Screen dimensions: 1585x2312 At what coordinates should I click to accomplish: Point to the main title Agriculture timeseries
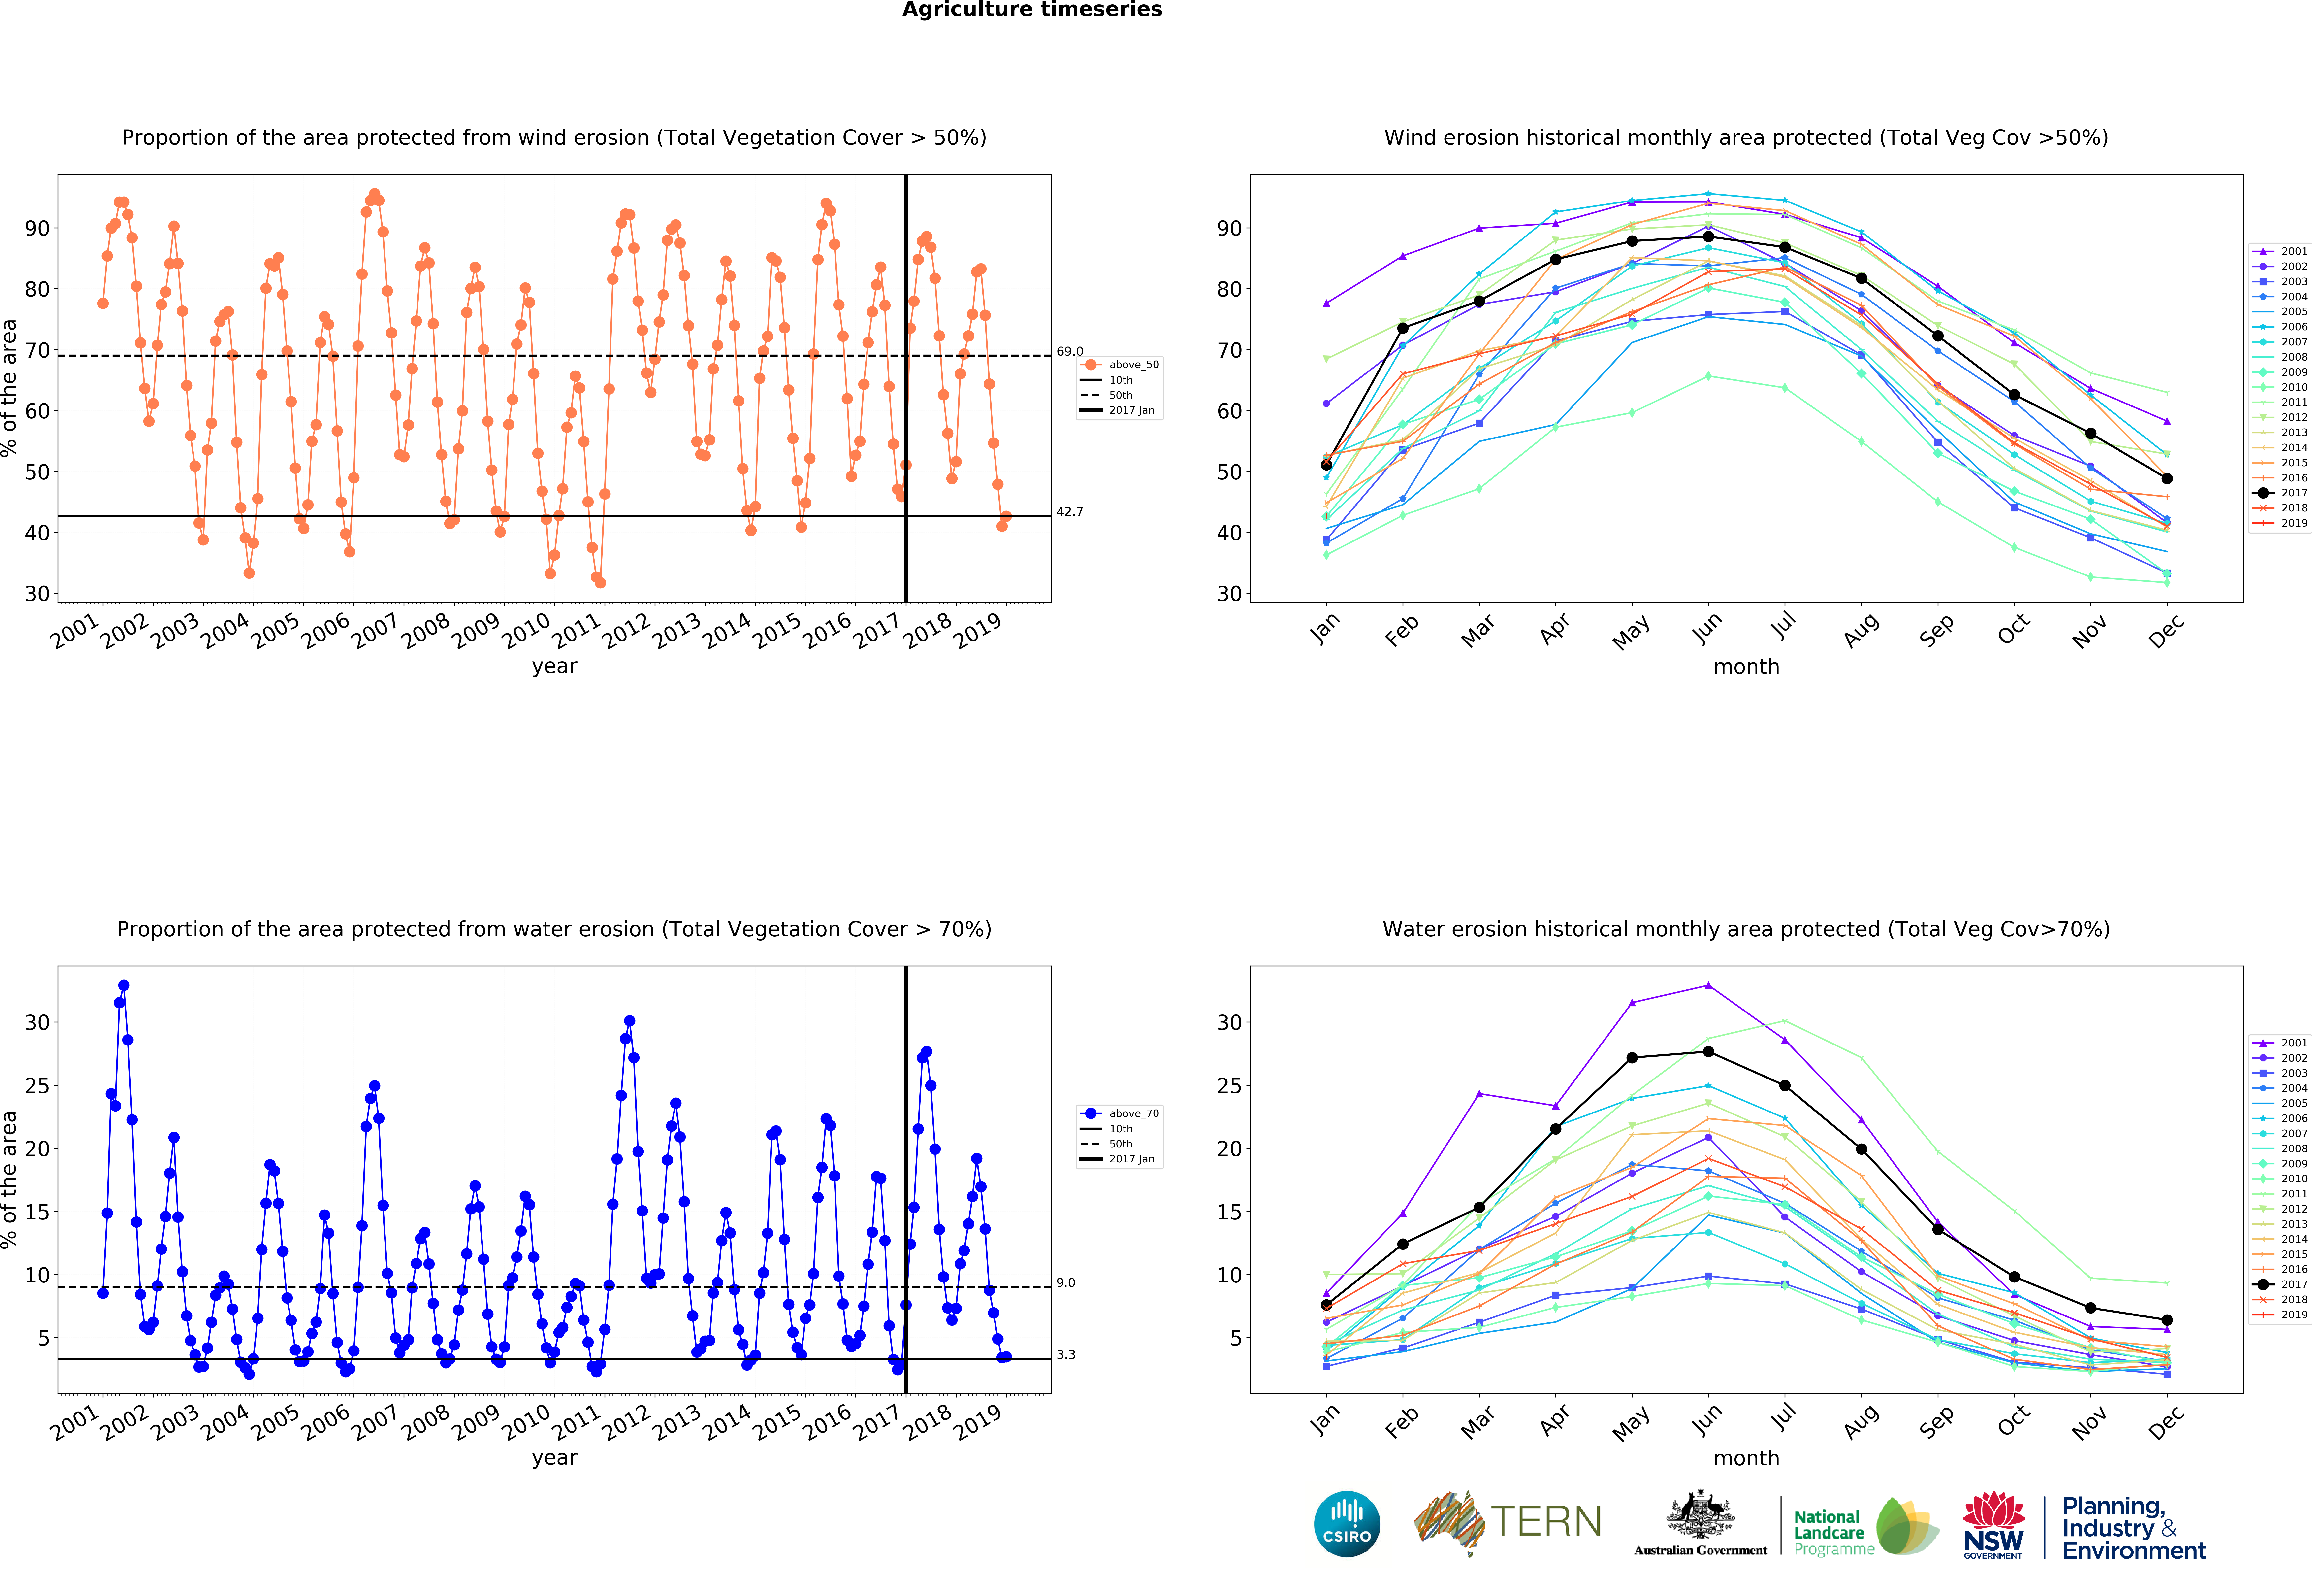tap(1032, 10)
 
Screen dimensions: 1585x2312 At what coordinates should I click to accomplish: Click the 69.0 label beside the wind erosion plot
tap(1069, 351)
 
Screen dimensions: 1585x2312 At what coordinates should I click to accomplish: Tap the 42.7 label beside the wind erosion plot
tap(1069, 511)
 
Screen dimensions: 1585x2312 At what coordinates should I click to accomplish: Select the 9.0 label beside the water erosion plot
tap(1065, 1282)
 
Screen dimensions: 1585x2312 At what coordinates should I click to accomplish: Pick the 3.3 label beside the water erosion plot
tap(1065, 1354)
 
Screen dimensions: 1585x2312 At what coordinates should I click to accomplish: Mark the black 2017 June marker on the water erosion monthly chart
tap(1708, 1052)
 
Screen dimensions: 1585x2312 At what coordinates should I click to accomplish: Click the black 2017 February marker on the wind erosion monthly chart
tap(1403, 328)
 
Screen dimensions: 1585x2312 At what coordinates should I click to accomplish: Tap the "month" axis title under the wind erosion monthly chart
tap(1746, 667)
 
